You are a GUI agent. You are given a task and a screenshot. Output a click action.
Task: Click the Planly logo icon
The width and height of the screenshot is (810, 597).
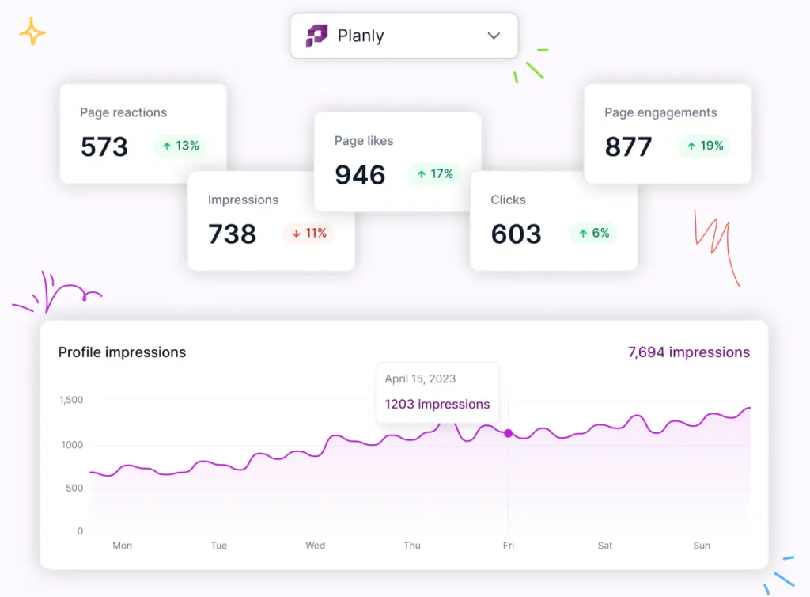click(316, 36)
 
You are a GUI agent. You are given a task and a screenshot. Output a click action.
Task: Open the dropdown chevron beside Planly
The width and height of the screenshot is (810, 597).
click(494, 36)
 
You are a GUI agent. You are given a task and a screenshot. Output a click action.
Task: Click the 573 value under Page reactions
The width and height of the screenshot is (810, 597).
click(104, 146)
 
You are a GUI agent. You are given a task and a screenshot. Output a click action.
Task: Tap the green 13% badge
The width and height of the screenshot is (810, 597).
click(180, 146)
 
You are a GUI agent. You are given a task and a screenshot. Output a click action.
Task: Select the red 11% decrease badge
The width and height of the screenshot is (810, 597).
click(308, 233)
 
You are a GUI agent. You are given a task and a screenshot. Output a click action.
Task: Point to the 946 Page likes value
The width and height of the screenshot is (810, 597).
click(360, 175)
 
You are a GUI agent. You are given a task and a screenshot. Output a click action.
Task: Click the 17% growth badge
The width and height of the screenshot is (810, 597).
click(434, 173)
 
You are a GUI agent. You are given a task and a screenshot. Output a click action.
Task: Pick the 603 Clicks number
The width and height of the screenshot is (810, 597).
click(516, 234)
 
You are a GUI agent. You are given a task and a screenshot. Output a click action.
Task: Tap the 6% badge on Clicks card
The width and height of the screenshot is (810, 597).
click(593, 233)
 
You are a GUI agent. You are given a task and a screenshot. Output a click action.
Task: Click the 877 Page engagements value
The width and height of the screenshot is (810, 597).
click(628, 146)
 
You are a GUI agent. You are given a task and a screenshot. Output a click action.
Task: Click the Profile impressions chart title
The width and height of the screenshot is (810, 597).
click(122, 352)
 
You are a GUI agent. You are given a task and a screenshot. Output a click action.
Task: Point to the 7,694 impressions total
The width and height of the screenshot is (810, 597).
click(688, 352)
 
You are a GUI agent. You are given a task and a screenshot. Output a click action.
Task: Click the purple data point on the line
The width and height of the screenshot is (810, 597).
click(508, 433)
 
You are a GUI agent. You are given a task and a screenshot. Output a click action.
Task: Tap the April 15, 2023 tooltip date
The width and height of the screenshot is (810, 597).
click(420, 378)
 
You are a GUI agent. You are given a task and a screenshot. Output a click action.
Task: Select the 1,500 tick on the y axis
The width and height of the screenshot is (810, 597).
click(70, 400)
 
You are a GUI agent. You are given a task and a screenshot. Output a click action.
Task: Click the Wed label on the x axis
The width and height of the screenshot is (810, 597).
click(315, 546)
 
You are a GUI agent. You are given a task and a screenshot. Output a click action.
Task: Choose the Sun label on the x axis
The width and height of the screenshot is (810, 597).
click(702, 546)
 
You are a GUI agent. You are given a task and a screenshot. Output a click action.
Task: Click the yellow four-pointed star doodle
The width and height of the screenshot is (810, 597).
click(32, 32)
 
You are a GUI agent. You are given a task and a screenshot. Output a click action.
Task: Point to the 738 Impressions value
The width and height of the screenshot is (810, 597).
click(232, 234)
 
